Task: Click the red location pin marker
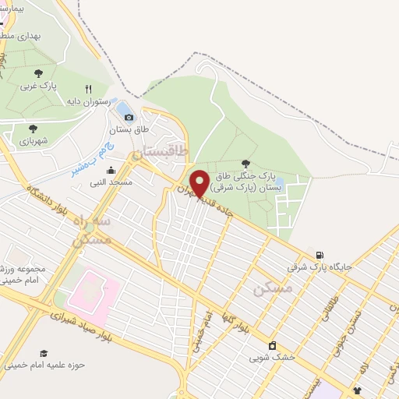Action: [x=199, y=183]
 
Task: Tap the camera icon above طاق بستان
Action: [x=129, y=117]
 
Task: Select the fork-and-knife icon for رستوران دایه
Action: [x=88, y=89]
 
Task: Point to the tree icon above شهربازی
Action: [x=32, y=128]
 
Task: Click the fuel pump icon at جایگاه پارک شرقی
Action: [x=319, y=255]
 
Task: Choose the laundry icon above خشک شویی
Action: [x=272, y=346]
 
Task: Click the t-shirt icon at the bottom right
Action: [x=358, y=390]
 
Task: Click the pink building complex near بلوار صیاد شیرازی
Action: [x=94, y=289]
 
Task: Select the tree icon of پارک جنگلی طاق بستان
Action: [x=246, y=164]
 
